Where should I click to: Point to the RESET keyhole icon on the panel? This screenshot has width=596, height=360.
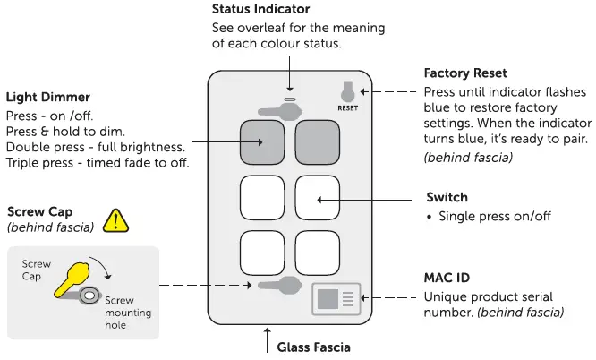point(347,91)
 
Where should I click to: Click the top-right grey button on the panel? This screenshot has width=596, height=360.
point(318,141)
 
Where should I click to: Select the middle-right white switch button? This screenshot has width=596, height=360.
point(318,197)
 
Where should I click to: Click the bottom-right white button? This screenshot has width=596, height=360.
point(318,253)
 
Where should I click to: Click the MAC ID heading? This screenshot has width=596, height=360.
point(448,279)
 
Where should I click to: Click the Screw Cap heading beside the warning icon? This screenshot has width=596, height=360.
point(41,212)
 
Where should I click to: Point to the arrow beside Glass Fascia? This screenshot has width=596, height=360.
point(267,342)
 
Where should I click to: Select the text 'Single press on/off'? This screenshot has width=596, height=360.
point(497,218)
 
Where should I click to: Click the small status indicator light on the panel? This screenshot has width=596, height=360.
point(289,98)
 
